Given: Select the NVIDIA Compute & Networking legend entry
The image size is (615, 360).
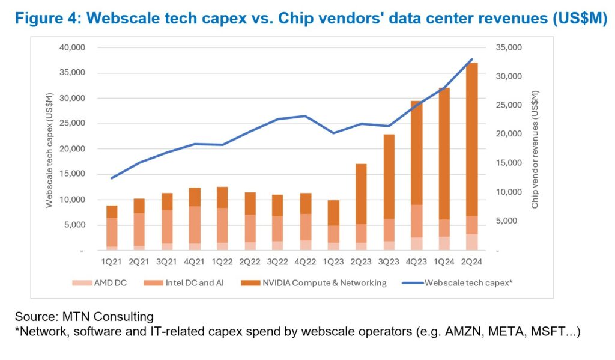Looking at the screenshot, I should point(323,282).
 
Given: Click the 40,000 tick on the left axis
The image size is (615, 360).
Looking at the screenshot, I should point(74,47).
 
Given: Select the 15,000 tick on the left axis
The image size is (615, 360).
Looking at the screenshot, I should point(74,174).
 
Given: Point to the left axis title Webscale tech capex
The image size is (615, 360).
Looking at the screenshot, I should point(50,150).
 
